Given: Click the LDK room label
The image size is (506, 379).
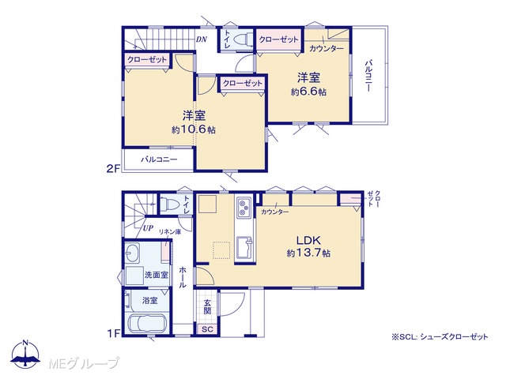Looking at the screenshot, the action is [x=308, y=240].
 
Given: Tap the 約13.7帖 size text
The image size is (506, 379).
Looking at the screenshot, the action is [x=308, y=253].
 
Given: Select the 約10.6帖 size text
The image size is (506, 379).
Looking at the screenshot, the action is [x=194, y=129].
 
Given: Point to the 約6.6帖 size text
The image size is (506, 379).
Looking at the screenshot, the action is [x=308, y=92].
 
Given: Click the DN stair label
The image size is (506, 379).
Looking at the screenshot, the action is [x=202, y=39].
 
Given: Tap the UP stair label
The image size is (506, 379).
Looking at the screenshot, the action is [x=148, y=228].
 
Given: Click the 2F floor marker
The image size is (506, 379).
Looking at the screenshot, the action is [x=113, y=168].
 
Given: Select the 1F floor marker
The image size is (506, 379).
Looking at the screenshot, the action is [x=113, y=332].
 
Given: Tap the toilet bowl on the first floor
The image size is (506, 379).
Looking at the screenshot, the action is [x=171, y=204].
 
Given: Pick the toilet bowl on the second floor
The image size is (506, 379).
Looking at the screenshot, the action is [x=243, y=40].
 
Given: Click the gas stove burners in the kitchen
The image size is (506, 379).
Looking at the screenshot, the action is [x=244, y=208].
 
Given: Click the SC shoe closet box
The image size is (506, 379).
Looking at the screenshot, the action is [x=207, y=329].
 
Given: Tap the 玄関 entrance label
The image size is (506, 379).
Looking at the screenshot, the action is [x=207, y=307].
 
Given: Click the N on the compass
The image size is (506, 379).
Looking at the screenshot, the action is [x=26, y=342].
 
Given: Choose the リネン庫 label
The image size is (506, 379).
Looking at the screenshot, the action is [x=170, y=231].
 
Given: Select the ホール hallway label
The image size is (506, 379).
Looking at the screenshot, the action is [x=183, y=277].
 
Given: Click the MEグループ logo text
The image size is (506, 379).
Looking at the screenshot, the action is [x=85, y=363].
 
